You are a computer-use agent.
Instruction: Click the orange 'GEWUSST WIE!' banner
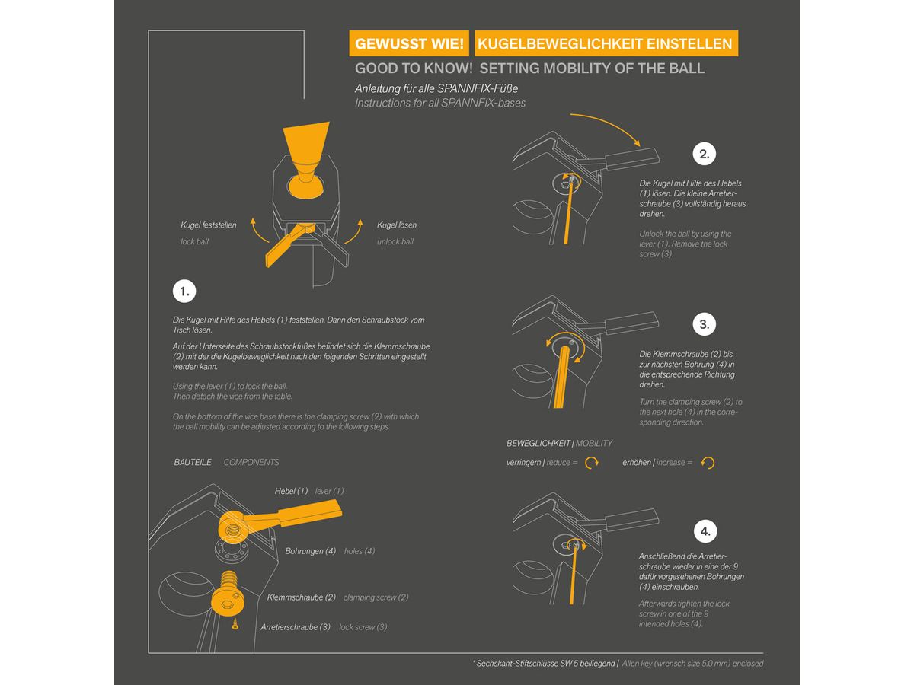point(409,43)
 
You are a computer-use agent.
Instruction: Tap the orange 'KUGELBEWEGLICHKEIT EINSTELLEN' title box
point(606,43)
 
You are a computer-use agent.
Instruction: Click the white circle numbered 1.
point(184,292)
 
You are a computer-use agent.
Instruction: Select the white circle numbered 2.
point(704,154)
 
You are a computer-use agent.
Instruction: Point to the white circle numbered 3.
point(704,324)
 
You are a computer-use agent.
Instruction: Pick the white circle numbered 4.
point(705,531)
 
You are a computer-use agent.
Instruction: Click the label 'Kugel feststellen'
point(208,225)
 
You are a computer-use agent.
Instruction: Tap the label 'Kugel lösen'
point(396,225)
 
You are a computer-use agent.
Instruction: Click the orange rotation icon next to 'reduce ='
point(592,463)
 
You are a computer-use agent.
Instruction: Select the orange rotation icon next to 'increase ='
point(708,463)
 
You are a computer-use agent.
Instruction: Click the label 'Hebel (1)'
point(291,491)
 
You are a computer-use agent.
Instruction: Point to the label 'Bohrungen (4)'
point(310,551)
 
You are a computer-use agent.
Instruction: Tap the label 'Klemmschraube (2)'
point(301,597)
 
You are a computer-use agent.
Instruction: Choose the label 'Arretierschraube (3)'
point(296,626)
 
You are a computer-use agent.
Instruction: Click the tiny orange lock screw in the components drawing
point(235,624)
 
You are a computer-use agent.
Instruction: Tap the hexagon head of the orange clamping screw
point(227,603)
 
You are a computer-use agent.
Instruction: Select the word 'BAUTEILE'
point(193,462)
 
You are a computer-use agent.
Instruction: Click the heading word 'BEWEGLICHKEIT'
point(538,444)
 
